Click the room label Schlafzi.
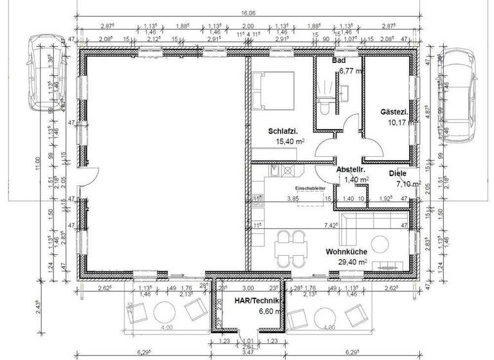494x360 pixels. [x=284, y=131]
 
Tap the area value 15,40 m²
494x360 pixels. [x=290, y=141]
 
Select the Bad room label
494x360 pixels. [x=339, y=61]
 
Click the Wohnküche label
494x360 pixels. [x=346, y=253]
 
